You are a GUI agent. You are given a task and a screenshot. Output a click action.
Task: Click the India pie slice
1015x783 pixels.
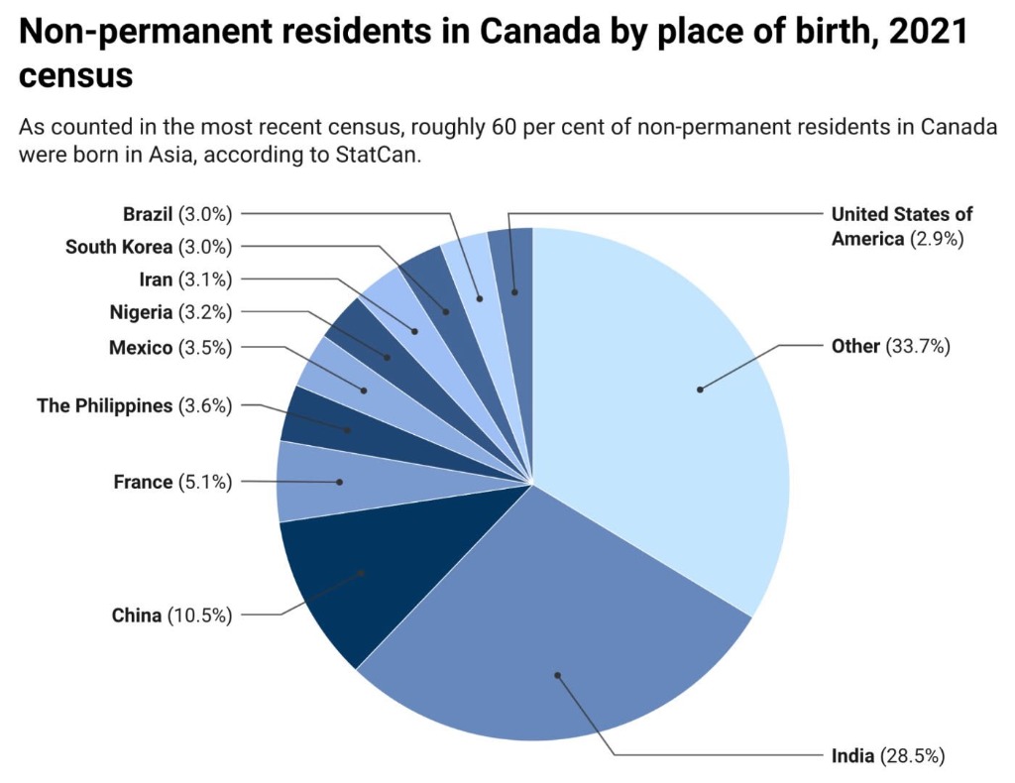tap(555, 634)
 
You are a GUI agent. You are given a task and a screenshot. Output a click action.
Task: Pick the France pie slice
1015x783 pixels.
tap(317, 482)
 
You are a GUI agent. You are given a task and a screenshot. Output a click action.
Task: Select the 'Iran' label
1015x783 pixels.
tap(156, 280)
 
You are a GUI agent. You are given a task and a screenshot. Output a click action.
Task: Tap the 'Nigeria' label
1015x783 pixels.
tap(141, 313)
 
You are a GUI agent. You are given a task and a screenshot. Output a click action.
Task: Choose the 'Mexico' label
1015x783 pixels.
tap(140, 348)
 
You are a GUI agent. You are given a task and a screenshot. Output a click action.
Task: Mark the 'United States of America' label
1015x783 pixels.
tap(901, 226)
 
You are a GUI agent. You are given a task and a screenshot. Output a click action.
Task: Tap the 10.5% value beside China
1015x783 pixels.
tap(200, 615)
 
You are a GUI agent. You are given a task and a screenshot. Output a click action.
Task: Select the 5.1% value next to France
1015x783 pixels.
tap(205, 483)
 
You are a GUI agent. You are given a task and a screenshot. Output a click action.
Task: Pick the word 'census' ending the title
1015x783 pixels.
tap(75, 75)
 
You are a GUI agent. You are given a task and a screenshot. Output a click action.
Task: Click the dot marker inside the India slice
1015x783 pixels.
tap(557, 676)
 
